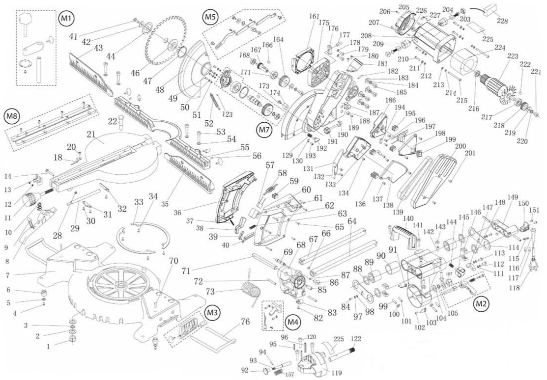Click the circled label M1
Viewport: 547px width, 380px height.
[x=65, y=19]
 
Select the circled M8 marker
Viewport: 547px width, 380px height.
[x=12, y=116]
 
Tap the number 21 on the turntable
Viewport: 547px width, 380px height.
[x=90, y=135]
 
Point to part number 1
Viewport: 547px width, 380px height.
[x=49, y=346]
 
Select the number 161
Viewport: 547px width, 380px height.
[x=315, y=16]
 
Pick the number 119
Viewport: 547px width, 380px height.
[x=336, y=372]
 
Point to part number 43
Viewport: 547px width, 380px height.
[x=98, y=48]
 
